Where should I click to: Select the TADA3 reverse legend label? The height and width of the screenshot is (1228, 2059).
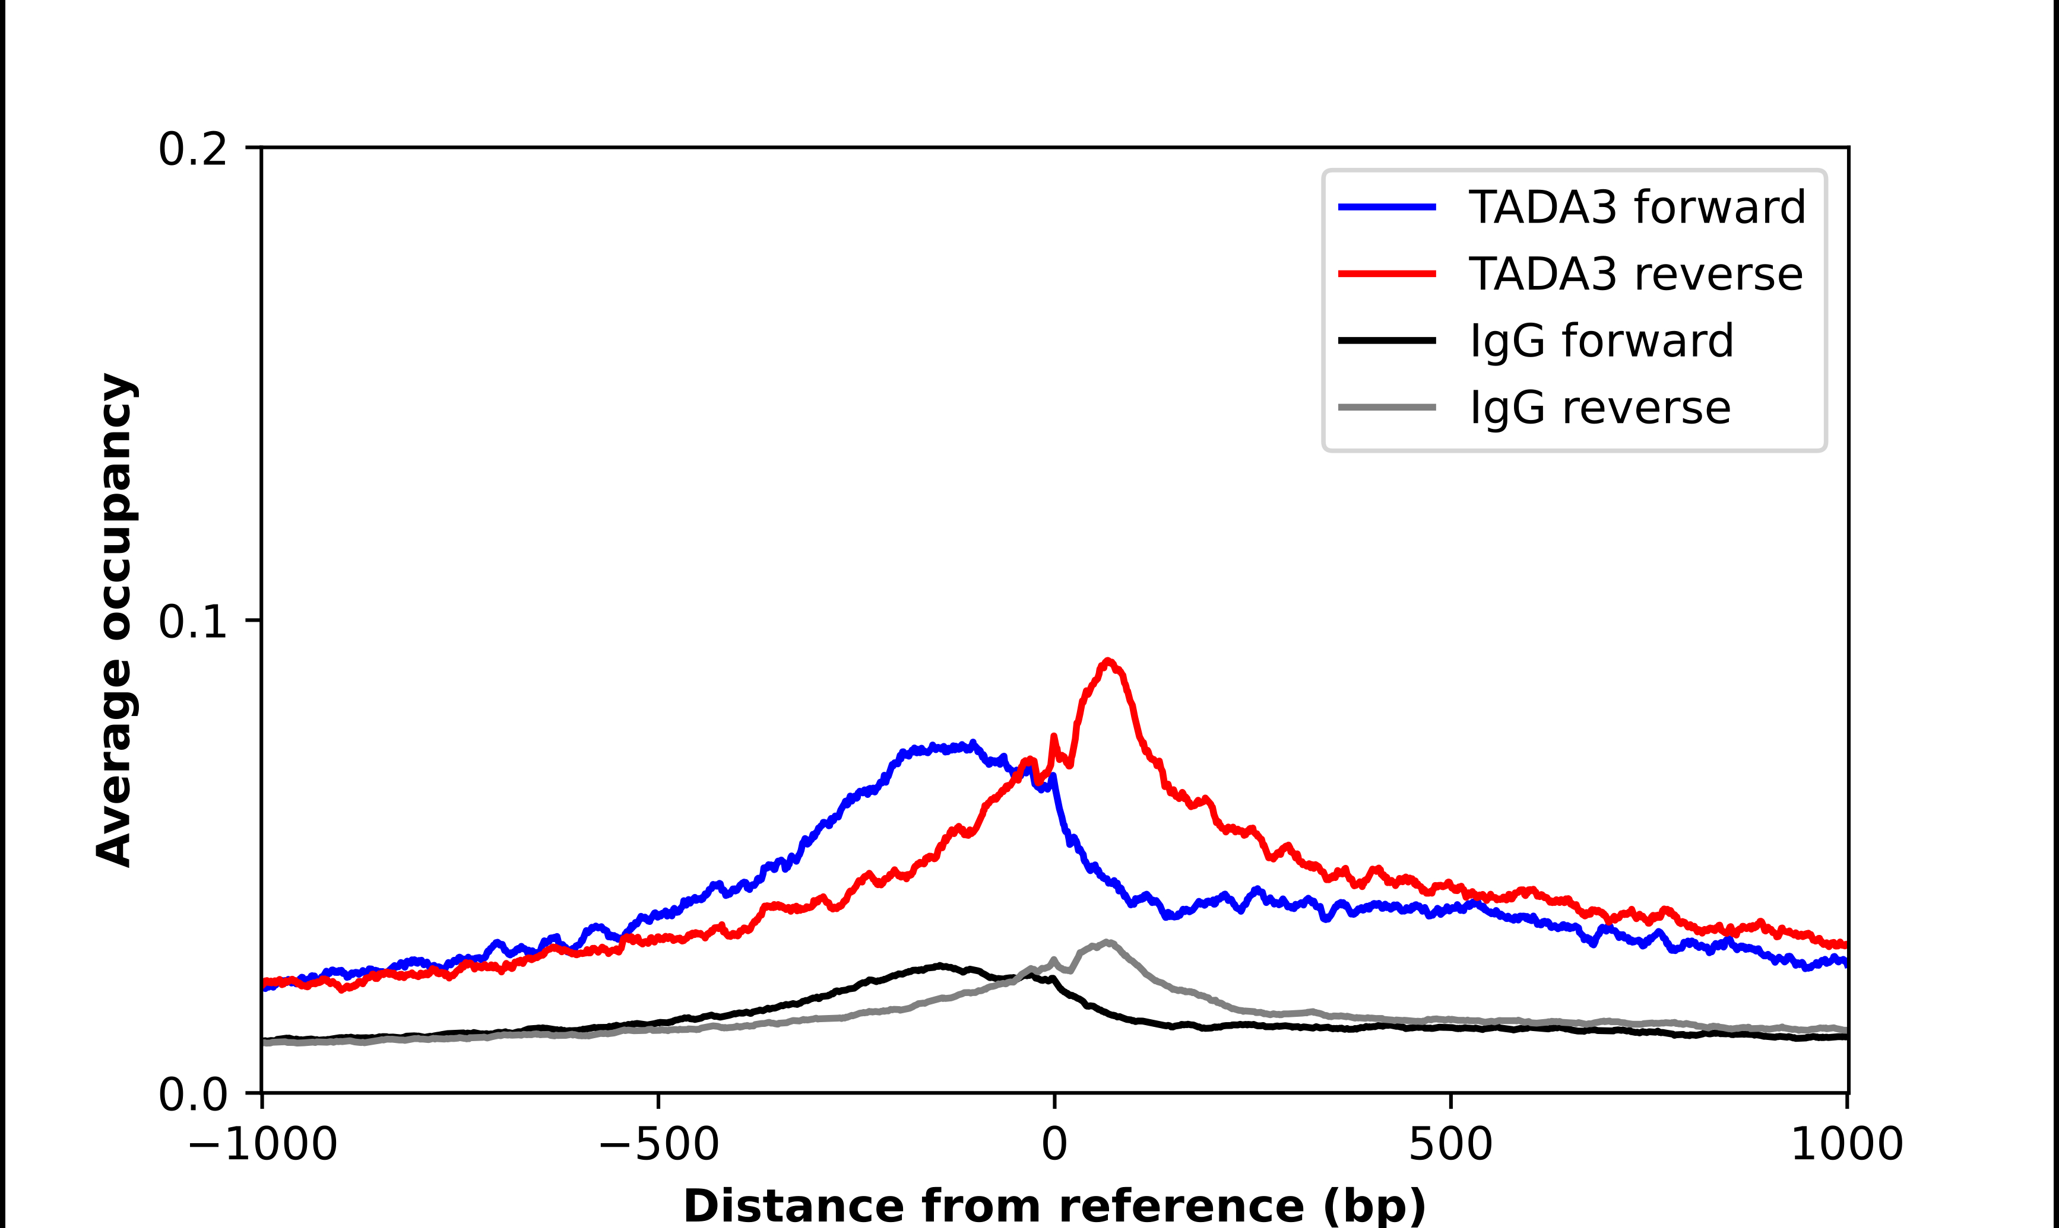(1635, 274)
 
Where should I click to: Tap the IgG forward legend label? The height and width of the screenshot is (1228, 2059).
(1600, 341)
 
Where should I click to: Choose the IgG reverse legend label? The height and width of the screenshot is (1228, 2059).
(1599, 408)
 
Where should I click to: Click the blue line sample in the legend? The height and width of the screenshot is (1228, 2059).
(1387, 207)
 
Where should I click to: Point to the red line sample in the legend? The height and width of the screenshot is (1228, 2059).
(1387, 273)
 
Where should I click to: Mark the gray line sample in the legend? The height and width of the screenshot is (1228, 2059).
(1387, 407)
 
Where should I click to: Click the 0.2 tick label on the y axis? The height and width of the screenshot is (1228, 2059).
(192, 149)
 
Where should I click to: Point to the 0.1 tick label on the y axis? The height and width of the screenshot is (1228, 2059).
(192, 622)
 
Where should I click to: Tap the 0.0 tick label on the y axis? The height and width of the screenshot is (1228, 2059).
(192, 1095)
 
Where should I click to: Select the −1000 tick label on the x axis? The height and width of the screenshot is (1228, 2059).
(262, 1144)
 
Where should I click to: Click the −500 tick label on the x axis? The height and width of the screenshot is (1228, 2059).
(658, 1144)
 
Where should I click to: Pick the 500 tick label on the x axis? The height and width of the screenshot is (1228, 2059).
(1450, 1144)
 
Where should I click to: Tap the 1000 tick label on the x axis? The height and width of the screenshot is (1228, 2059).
(1847, 1144)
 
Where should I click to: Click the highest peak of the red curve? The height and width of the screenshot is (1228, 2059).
(1108, 661)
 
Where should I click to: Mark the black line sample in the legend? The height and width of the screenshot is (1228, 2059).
(1387, 340)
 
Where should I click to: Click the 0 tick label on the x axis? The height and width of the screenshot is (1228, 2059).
(1054, 1144)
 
